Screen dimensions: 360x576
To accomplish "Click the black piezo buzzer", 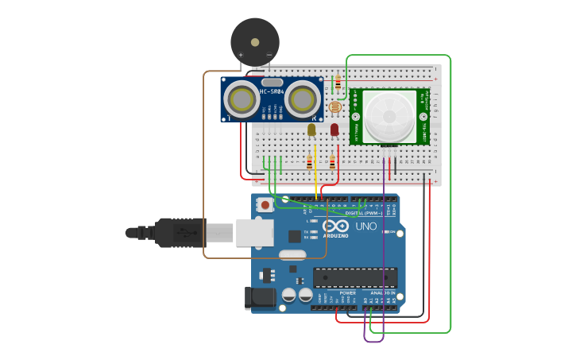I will (255, 42).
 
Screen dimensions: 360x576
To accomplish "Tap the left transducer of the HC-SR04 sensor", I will (240, 99).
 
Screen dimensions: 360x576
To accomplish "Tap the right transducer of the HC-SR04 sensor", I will (302, 99).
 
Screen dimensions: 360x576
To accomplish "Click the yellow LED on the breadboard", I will (311, 130).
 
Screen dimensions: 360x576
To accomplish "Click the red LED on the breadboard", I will (334, 130).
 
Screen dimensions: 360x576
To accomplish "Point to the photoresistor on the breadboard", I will (334, 107).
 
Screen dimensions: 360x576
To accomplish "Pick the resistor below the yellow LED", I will (309, 162).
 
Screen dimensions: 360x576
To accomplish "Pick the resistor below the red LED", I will (332, 162).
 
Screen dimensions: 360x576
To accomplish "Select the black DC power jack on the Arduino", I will (261, 298).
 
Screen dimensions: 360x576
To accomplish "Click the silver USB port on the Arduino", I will (255, 232).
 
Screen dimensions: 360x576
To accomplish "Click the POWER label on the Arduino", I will (347, 292).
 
